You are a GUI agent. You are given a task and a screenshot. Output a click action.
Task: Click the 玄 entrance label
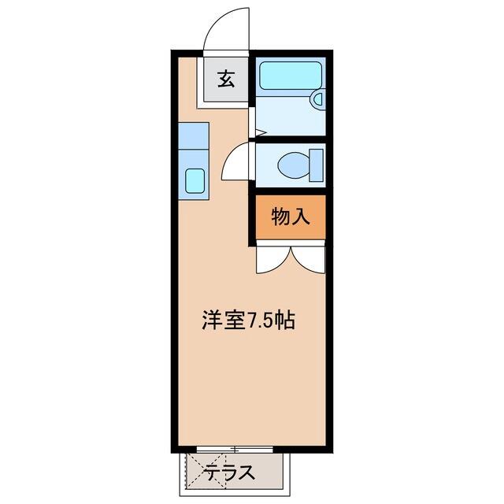click(226, 79)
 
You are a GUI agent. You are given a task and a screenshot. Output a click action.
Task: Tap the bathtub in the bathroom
click(291, 76)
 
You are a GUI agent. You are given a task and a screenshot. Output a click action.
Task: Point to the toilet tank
click(316, 165)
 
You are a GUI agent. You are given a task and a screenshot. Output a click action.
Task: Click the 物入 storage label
click(291, 217)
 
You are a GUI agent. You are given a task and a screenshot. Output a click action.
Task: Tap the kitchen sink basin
click(195, 181)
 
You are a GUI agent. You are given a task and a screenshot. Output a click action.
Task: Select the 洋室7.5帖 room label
click(248, 320)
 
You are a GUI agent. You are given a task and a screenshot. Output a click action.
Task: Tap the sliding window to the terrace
click(235, 450)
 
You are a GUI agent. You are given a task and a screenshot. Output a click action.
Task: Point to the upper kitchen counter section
click(194, 135)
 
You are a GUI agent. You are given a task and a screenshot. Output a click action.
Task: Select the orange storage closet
click(291, 217)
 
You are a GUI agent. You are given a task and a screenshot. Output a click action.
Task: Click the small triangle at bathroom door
click(261, 132)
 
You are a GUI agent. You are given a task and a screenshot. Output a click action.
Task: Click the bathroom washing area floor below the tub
click(286, 116)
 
